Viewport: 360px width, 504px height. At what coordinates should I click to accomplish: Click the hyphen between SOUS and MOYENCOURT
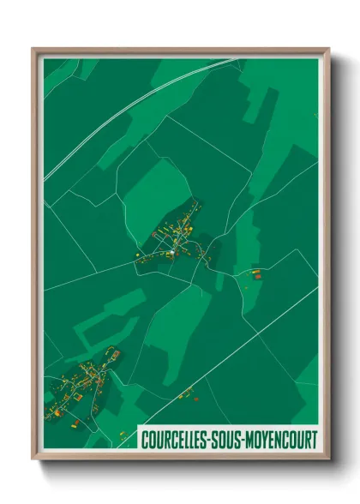[x=245, y=440]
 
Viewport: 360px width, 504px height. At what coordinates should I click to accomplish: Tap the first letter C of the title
[x=146, y=439]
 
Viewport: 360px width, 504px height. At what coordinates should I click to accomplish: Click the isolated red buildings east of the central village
[x=255, y=274]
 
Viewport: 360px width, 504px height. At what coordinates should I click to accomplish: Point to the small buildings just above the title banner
[x=185, y=394]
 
